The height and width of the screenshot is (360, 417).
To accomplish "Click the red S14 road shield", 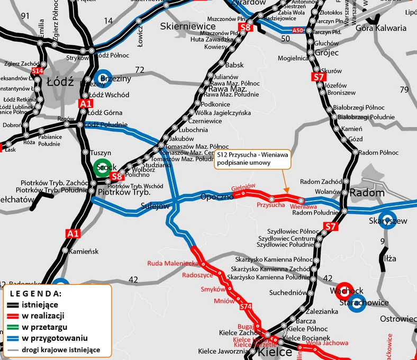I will (37, 71).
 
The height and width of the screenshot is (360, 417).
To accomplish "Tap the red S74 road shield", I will (245, 307).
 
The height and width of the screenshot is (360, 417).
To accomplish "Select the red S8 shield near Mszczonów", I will (245, 28).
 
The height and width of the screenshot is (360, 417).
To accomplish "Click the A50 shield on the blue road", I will (298, 31).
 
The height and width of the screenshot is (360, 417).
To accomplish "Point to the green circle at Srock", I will (104, 168).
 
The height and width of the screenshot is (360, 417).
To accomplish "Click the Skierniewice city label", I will (188, 26).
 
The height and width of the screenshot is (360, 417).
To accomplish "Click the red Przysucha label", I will (270, 204).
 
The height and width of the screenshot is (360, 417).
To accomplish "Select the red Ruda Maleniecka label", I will (173, 263).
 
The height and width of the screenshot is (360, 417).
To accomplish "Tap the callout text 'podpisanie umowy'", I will (243, 163).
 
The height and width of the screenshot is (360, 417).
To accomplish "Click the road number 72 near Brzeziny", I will (140, 70).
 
